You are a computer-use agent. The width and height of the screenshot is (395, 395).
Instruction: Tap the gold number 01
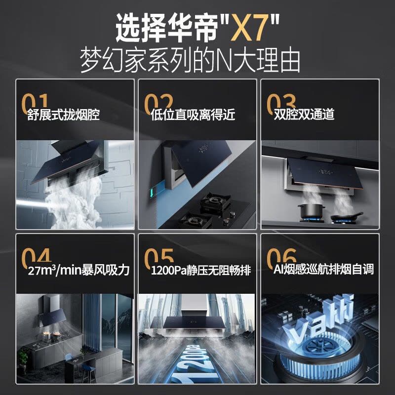[x=35, y=102]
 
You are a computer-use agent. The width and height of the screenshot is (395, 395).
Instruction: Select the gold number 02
[x=158, y=102]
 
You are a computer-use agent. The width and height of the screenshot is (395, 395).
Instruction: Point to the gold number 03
[x=281, y=102]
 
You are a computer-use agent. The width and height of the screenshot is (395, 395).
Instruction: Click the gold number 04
[x=36, y=256]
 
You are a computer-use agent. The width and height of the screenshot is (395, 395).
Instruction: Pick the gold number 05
[x=159, y=256]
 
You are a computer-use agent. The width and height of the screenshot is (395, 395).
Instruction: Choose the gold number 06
[x=281, y=256]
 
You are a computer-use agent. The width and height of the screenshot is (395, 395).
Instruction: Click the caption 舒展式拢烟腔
[x=63, y=115]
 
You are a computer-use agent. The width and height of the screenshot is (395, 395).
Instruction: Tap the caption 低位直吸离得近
[x=193, y=115]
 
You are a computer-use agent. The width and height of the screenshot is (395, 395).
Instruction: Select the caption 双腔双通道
[x=304, y=114]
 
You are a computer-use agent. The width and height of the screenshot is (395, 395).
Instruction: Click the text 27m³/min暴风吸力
[x=79, y=270]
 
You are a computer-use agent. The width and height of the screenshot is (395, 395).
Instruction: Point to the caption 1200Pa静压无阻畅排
[x=201, y=270]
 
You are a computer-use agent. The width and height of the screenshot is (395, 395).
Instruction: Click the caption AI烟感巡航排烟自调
[x=323, y=269]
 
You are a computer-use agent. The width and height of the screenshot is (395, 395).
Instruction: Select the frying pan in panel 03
[x=347, y=216]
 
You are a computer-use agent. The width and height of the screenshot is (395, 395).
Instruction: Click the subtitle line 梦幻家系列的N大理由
[x=190, y=60]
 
